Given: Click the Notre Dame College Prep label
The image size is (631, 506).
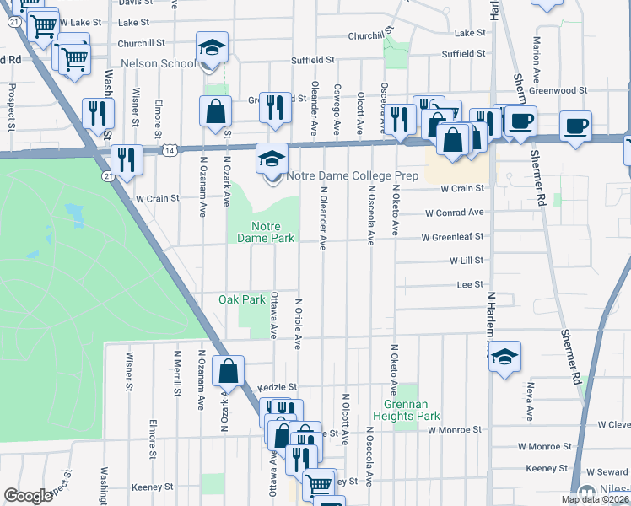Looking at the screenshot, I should [352, 176].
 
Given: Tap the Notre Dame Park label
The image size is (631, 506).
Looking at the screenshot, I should [272, 232].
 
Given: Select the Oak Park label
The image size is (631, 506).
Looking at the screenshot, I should [242, 299].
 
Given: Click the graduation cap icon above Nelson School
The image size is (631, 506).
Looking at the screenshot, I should [213, 47].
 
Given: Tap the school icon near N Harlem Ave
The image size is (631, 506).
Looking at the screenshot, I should [505, 356].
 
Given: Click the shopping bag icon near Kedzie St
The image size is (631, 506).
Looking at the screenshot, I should [229, 370].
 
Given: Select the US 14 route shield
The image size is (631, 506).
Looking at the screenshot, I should [170, 150].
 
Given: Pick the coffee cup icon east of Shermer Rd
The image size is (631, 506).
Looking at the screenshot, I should [576, 126].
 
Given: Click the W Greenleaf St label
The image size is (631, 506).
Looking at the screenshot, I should [454, 237].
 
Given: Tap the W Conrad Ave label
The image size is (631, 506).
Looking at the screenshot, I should [455, 213].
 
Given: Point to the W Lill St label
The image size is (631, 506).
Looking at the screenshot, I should [466, 261].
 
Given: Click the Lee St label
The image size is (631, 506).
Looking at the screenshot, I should [469, 285].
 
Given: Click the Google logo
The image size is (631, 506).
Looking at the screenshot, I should [28, 496].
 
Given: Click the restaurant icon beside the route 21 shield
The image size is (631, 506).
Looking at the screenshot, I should [127, 159].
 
